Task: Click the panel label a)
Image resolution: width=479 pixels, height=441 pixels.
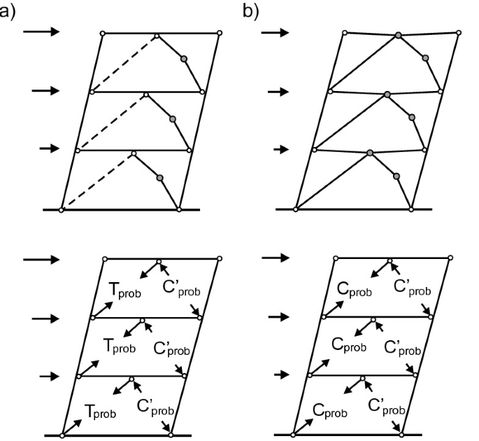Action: pyautogui.click(x=8, y=10)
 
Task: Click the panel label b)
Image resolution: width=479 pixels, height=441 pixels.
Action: pyautogui.click(x=250, y=10)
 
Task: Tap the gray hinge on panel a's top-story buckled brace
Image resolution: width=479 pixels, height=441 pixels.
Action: pyautogui.click(x=183, y=59)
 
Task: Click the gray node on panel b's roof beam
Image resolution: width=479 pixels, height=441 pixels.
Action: pyautogui.click(x=398, y=34)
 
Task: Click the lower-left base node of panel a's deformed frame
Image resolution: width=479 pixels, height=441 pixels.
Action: pyautogui.click(x=62, y=209)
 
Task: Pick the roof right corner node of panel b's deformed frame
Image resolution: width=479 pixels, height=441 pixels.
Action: pyautogui.click(x=459, y=32)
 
